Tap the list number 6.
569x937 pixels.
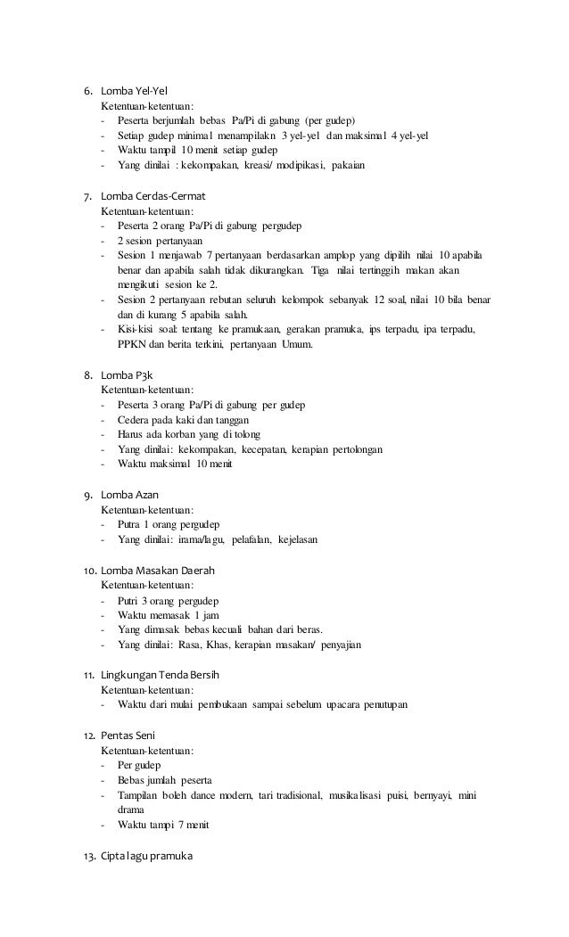click(x=87, y=91)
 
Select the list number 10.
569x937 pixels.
click(x=90, y=570)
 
